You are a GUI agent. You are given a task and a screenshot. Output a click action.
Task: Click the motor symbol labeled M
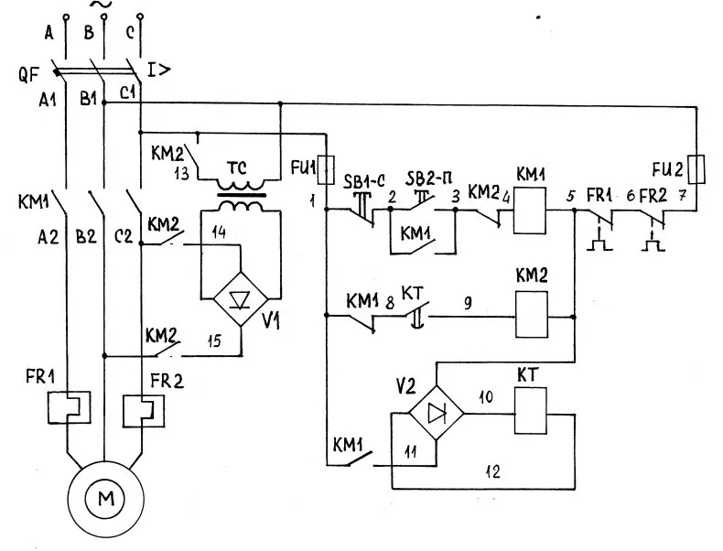(105, 499)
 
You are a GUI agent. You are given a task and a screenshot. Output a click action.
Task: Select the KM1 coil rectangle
(530, 211)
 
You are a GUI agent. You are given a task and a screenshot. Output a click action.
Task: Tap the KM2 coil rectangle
(532, 315)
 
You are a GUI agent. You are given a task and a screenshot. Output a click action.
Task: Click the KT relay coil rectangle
(531, 410)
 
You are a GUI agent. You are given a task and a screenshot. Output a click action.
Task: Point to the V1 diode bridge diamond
(241, 299)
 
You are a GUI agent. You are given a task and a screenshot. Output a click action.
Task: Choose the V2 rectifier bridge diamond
(437, 413)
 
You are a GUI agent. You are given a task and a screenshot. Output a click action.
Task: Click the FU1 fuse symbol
(327, 169)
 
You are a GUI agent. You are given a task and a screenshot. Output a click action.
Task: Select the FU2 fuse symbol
(696, 169)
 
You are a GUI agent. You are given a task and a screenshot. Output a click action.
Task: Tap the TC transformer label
(237, 168)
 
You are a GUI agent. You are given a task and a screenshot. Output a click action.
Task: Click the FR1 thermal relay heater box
(69, 407)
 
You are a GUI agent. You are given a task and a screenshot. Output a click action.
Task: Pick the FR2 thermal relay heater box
(144, 411)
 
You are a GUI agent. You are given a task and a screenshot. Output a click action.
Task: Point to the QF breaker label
(28, 74)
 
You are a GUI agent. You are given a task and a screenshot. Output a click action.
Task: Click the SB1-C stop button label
(364, 180)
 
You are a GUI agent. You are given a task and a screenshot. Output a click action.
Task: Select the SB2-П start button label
(429, 178)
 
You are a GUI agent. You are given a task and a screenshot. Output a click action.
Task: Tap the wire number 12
(492, 471)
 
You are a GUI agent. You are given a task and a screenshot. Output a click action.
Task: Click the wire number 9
(468, 303)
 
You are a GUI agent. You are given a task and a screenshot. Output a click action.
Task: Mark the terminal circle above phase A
(66, 17)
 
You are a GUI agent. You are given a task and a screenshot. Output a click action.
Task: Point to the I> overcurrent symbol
(158, 70)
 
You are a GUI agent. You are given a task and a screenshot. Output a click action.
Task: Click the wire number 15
(214, 341)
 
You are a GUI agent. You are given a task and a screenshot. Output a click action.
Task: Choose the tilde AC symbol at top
(102, 5)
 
